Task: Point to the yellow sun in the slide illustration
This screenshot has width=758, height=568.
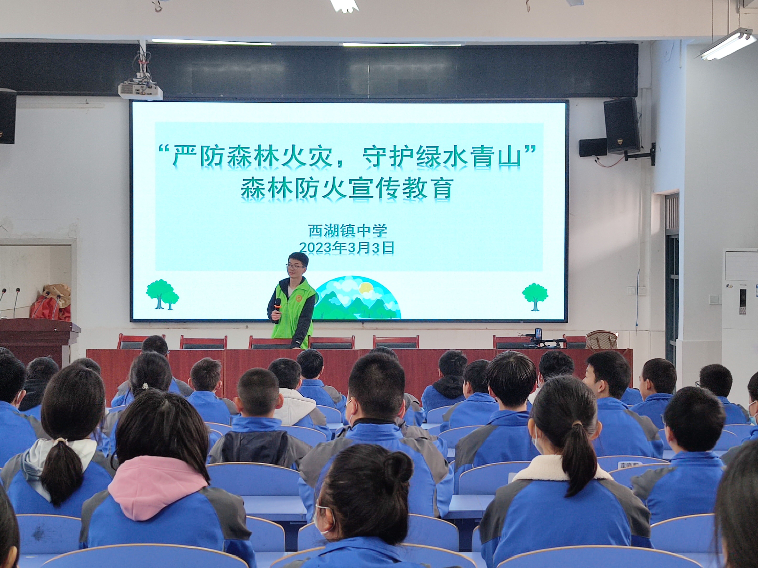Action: coord(365,288)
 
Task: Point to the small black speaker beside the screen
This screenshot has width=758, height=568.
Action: coord(593,148)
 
